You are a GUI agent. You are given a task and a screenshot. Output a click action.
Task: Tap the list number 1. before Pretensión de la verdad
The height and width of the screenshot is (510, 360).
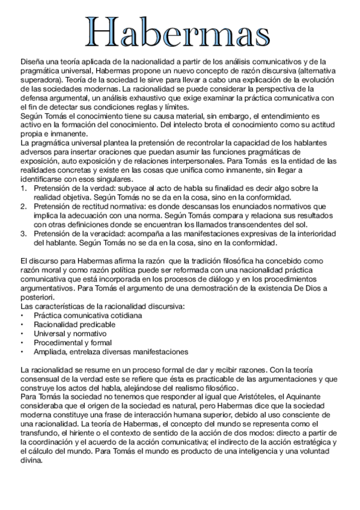23,188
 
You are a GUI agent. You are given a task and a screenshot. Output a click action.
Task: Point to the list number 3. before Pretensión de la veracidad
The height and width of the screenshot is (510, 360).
23,234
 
